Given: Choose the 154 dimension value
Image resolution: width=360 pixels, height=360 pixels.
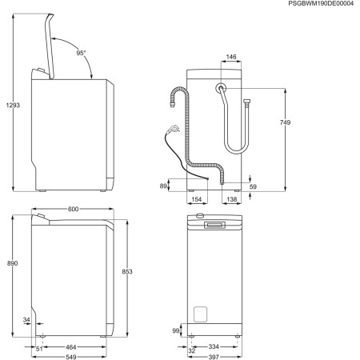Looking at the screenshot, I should [194, 199].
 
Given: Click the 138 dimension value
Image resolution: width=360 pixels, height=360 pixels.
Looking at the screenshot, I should [230, 199].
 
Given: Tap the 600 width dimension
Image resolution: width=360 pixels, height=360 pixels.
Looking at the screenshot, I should [73, 209].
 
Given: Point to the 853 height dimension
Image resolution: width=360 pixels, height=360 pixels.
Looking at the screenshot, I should [128, 272].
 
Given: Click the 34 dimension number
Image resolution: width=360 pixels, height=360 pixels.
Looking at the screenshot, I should [27, 320].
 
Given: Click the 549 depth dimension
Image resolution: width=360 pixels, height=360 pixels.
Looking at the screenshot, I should [73, 357].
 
